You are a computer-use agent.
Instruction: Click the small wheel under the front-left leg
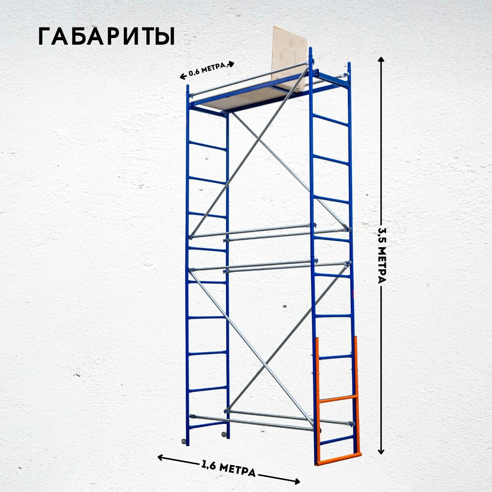coord(183,442)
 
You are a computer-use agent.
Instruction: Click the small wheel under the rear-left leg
coord(223,434)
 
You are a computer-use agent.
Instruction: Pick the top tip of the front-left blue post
coord(188,87)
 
